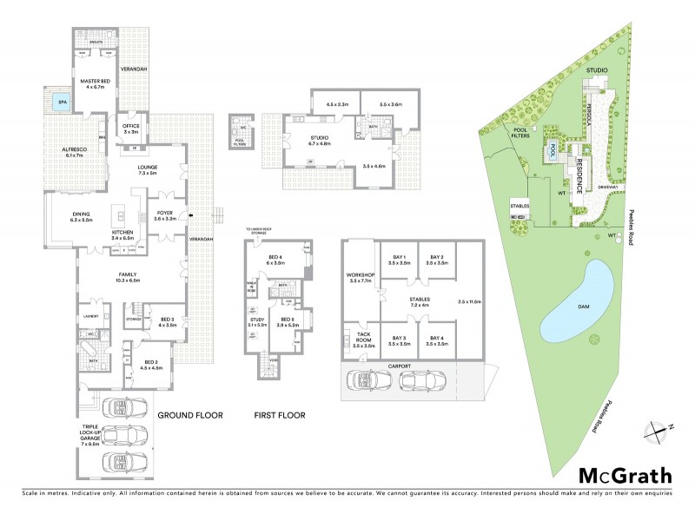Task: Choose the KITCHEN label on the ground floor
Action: pyautogui.click(x=121, y=234)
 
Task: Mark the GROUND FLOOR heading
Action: pyautogui.click(x=189, y=416)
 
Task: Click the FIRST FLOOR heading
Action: pyautogui.click(x=279, y=416)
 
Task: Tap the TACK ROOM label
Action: pyautogui.click(x=364, y=340)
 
